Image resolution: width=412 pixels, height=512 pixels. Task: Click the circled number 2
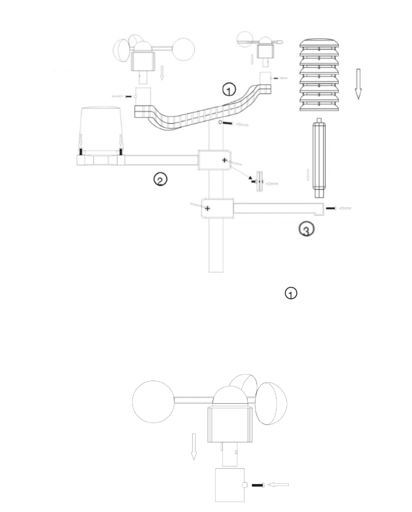160,179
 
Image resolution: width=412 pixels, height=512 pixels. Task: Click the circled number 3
307,229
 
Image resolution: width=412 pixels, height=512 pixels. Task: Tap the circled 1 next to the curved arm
229,90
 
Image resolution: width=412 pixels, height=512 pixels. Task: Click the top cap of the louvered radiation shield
319,43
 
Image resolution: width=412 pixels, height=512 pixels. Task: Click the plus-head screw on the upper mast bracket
224,160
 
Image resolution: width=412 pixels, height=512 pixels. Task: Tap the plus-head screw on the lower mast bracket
208,208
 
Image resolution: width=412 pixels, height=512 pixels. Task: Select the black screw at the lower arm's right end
331,208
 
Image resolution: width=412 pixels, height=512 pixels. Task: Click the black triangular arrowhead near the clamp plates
250,177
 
